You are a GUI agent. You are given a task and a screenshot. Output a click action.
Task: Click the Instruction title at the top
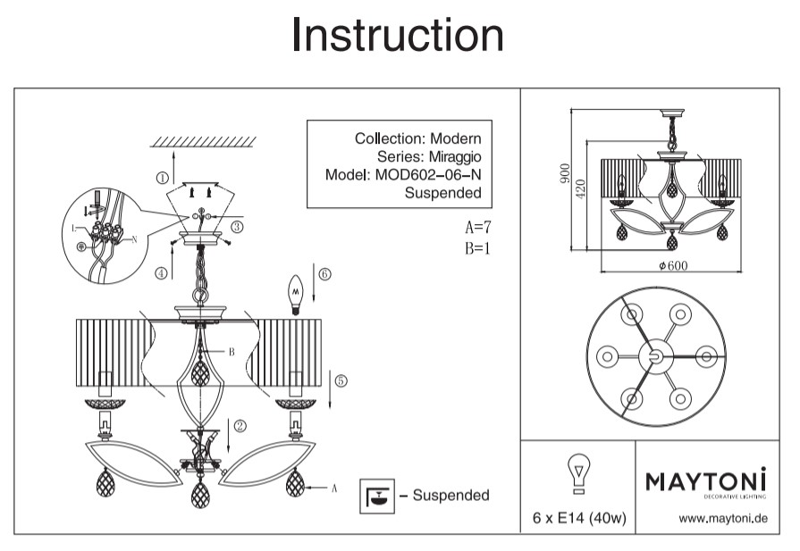[398, 36]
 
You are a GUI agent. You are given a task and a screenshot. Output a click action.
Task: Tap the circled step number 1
[162, 178]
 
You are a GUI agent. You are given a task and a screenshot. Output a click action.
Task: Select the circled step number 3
[237, 228]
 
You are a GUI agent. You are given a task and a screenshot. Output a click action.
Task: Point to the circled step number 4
[161, 273]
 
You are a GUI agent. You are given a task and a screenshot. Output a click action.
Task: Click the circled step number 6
[324, 274]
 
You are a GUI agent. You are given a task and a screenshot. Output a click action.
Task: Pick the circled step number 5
[341, 380]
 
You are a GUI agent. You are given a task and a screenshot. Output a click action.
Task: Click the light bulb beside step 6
[295, 293]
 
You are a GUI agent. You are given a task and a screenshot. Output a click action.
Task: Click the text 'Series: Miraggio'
[432, 156]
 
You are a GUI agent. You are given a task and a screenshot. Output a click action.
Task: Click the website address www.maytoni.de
[722, 518]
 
